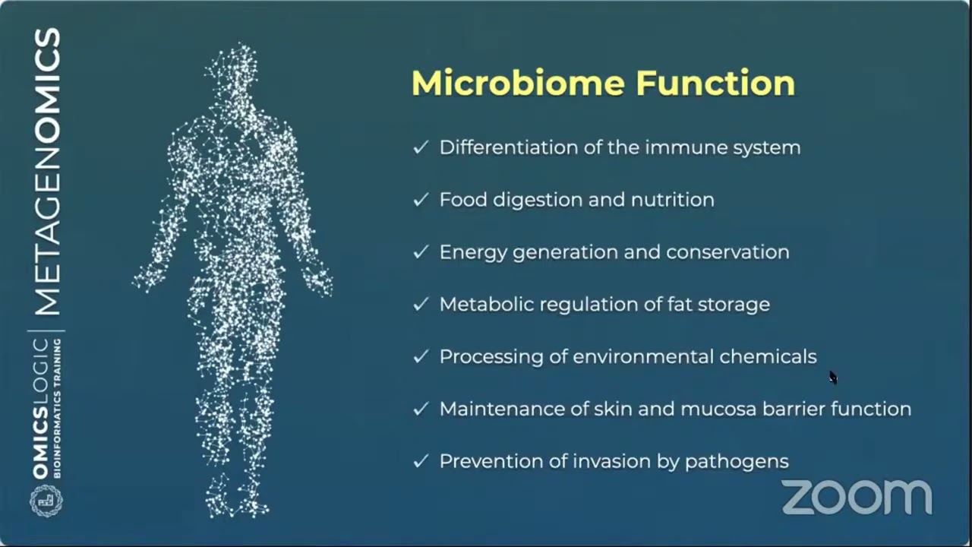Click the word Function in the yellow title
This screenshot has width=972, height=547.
tap(715, 83)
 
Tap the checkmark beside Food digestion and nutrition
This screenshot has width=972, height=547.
tap(421, 200)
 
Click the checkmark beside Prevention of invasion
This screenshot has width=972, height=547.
tap(421, 461)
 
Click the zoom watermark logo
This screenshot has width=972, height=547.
tap(857, 497)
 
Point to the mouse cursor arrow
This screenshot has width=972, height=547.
tap(832, 377)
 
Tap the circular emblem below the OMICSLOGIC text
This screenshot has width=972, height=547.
tap(46, 501)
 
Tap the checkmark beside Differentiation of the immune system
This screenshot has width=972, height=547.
tap(421, 147)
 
